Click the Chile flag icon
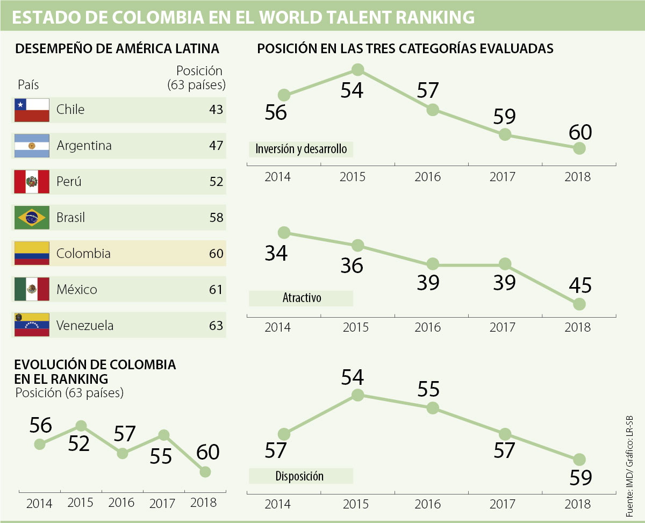click(32, 110)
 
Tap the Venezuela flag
click(32, 325)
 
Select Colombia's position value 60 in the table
click(216, 253)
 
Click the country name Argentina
click(84, 146)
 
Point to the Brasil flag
click(32, 218)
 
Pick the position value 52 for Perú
click(216, 182)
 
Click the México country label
click(77, 290)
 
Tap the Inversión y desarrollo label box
click(301, 149)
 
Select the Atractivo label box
click(301, 298)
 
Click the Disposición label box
click(300, 476)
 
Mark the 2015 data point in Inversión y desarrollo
click(358, 69)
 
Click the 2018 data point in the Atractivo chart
click(579, 304)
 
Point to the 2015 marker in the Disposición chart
click(358, 395)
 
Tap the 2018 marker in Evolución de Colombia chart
click(205, 471)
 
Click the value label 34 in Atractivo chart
click(276, 253)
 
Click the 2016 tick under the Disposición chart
click(428, 505)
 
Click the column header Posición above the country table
click(199, 71)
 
